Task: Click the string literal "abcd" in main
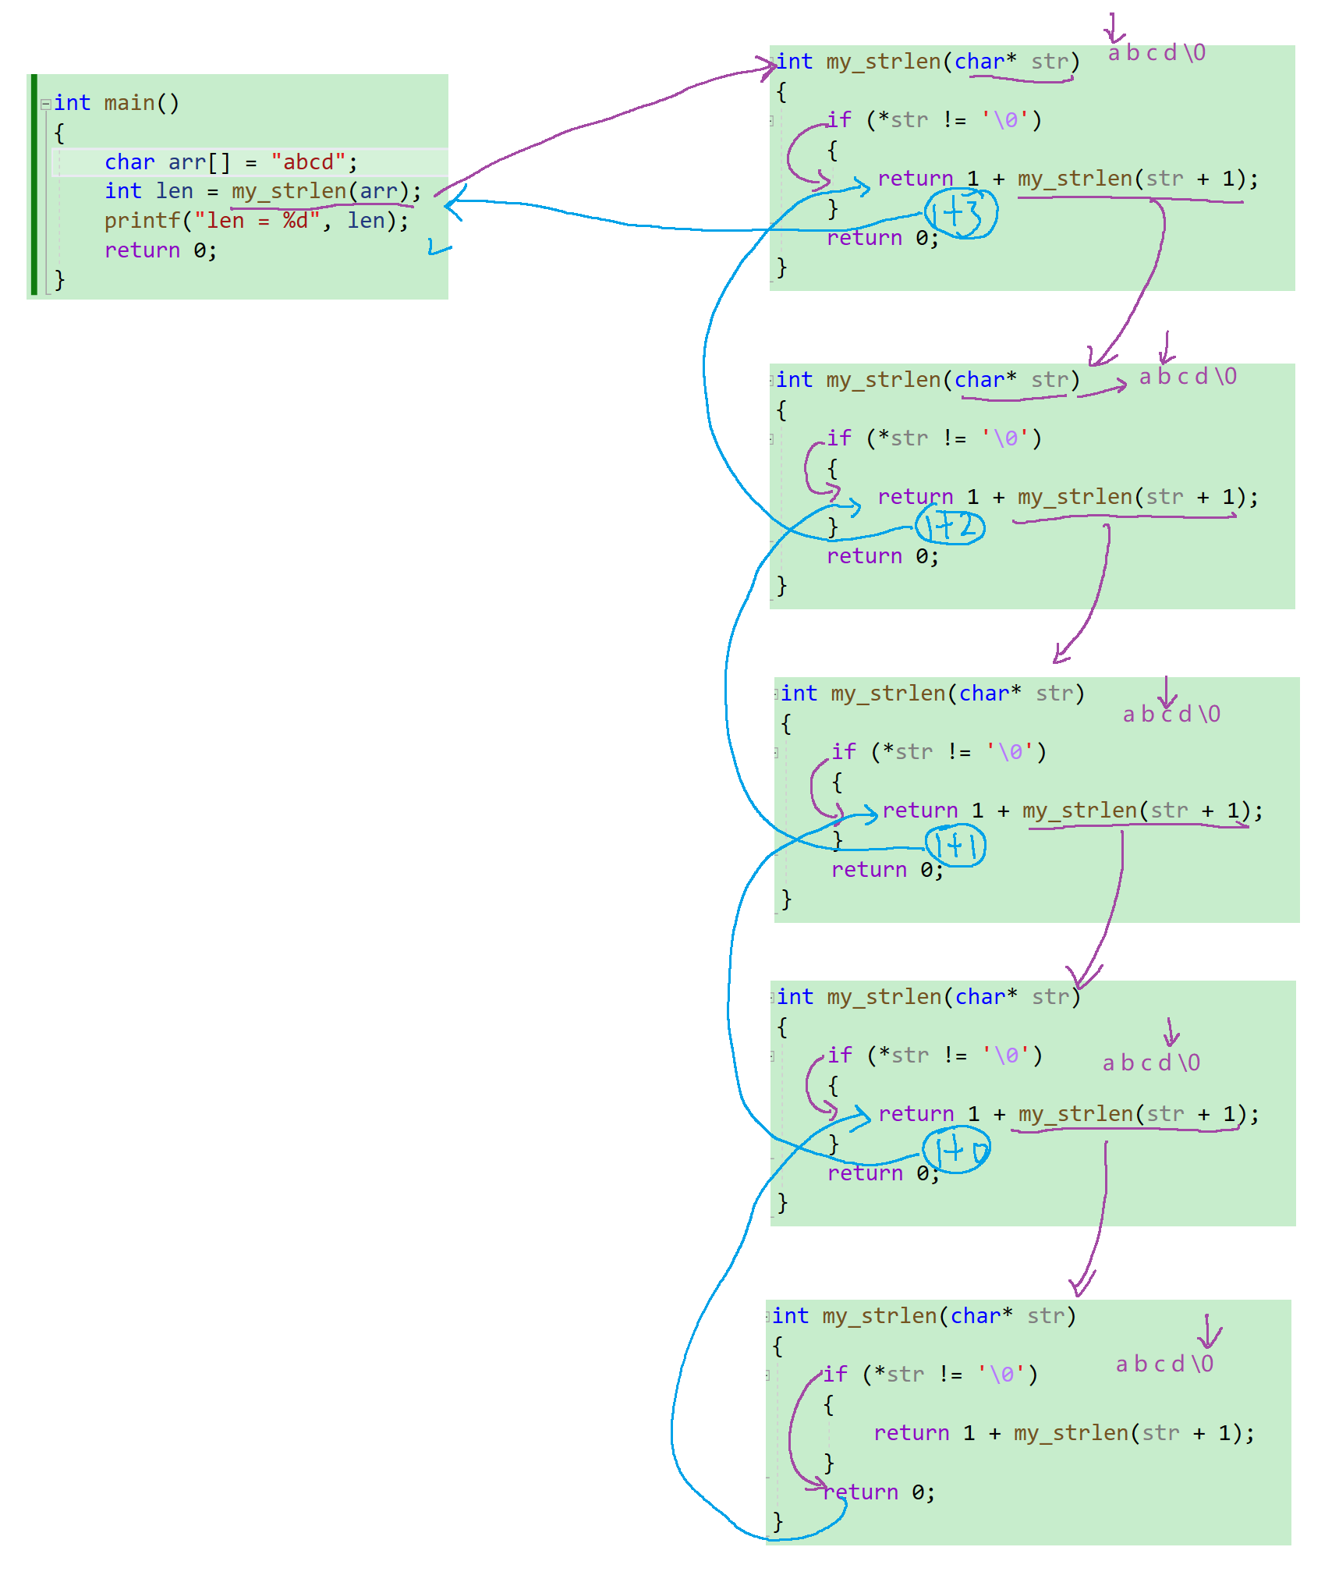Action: pyautogui.click(x=308, y=162)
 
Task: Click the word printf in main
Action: pyautogui.click(x=142, y=221)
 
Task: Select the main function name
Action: pyautogui.click(x=129, y=103)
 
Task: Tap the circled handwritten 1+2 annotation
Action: pyautogui.click(x=951, y=527)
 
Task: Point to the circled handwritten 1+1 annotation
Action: pyautogui.click(x=956, y=846)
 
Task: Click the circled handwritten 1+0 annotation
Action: pyautogui.click(x=957, y=1151)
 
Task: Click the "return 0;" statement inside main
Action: pyautogui.click(x=161, y=250)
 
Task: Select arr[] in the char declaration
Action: pyautogui.click(x=199, y=162)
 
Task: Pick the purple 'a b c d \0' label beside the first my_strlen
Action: pyautogui.click(x=1157, y=53)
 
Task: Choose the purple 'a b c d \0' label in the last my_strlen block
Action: pyautogui.click(x=1164, y=1364)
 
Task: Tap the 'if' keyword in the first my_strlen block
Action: pyautogui.click(x=839, y=120)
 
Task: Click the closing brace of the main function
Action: pyautogui.click(x=59, y=279)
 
